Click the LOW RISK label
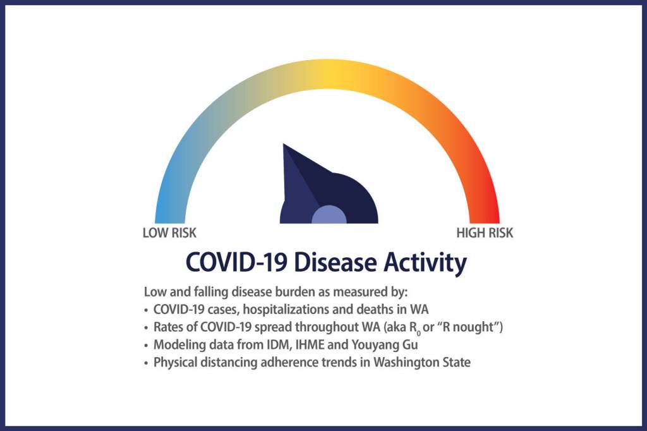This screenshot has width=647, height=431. tap(169, 233)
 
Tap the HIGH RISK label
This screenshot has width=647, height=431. tap(485, 233)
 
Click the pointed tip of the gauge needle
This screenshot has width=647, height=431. tap(284, 145)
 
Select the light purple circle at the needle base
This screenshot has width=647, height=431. tap(329, 215)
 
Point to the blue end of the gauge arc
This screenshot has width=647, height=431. tap(170, 219)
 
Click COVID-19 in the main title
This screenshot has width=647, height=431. tap(236, 262)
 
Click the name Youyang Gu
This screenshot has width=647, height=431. tap(385, 344)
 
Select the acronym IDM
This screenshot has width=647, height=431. tap(280, 344)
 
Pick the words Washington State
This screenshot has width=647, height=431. tap(421, 363)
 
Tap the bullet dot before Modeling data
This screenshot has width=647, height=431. tap(146, 346)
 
